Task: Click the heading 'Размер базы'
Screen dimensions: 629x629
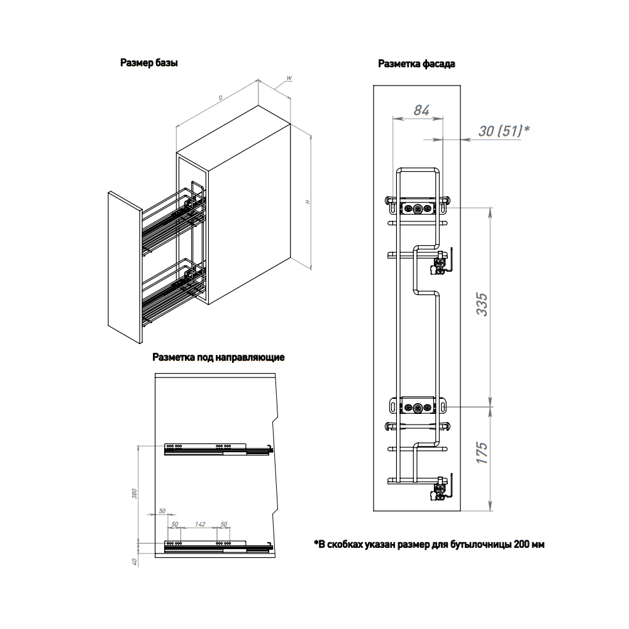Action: [x=149, y=63]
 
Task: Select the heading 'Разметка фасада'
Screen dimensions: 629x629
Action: [x=416, y=64]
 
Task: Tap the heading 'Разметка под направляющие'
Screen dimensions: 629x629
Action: [x=218, y=357]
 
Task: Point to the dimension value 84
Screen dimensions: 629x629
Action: [x=421, y=110]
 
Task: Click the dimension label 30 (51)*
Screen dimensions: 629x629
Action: [x=504, y=131]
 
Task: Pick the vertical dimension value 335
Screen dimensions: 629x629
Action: [x=482, y=304]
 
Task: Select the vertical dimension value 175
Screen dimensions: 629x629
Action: [x=482, y=453]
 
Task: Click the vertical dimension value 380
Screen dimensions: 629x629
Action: [x=135, y=494]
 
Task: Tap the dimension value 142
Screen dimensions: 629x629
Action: [x=200, y=525]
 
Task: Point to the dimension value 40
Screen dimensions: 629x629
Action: [x=135, y=562]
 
